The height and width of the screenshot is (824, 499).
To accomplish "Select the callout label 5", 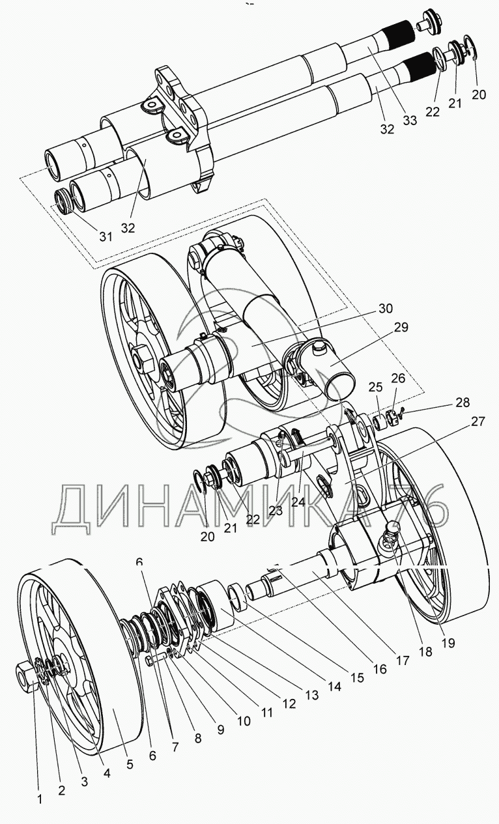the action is click(x=130, y=764).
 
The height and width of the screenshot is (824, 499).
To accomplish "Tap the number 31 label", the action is click(x=106, y=236).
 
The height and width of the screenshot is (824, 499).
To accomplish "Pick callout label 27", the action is click(x=478, y=421).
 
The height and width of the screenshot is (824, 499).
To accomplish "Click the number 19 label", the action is click(x=447, y=642).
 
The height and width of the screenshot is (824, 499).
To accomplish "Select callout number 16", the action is click(x=380, y=668).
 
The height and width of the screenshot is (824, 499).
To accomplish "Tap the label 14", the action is click(x=335, y=686).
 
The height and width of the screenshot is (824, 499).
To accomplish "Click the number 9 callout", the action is click(x=220, y=730).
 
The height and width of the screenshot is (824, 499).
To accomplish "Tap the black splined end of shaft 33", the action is click(x=399, y=32).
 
